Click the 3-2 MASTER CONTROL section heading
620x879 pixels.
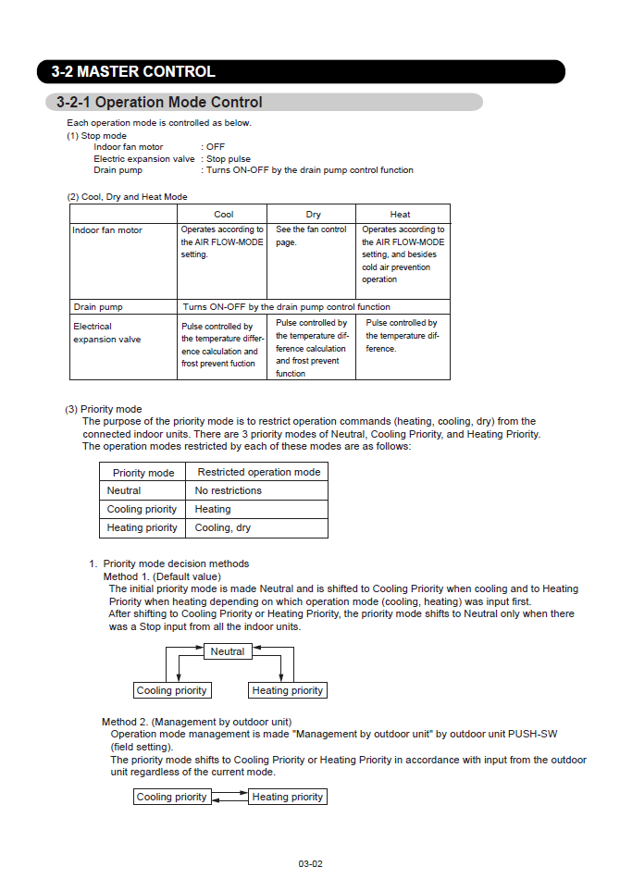pos(133,71)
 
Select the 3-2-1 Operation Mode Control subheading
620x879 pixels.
pos(159,103)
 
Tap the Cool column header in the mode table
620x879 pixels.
pos(224,214)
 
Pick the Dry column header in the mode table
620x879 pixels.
pos(313,214)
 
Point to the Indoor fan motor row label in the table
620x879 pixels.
pos(107,230)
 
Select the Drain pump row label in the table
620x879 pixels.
pos(98,306)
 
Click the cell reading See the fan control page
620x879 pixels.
pos(311,236)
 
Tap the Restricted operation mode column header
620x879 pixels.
pos(259,472)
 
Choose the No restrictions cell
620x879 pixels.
pos(229,490)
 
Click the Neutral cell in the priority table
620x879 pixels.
pos(124,490)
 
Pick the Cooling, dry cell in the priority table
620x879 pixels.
pos(223,527)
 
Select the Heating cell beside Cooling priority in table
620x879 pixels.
pos(213,509)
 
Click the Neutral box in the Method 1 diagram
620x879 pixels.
pos(228,651)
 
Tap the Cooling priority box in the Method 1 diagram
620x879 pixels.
pos(172,690)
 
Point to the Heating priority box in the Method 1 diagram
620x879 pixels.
pos(288,690)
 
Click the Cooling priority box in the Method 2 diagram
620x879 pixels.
pos(172,797)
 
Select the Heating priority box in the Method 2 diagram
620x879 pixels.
pos(288,797)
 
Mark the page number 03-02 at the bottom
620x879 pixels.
pos(310,863)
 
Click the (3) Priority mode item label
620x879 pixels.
pos(104,409)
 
